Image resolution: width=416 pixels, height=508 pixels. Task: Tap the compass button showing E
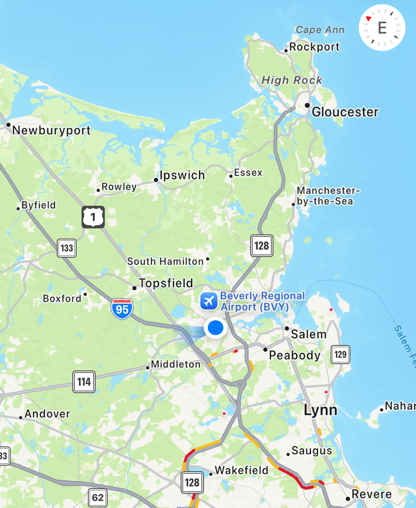(382, 28)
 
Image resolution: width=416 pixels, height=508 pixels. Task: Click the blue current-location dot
(215, 328)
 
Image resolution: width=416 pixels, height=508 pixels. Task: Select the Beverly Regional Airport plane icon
(209, 301)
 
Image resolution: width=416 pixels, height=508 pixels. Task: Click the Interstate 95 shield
(122, 309)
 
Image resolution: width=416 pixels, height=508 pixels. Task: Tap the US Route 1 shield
(93, 217)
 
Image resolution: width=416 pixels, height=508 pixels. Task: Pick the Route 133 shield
(67, 247)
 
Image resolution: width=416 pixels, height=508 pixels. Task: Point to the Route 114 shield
(84, 381)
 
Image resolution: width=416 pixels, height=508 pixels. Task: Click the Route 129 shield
(340, 354)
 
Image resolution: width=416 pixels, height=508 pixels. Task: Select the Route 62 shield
(98, 497)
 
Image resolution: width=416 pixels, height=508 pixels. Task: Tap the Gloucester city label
(345, 112)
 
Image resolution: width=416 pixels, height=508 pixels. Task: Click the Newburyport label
(52, 130)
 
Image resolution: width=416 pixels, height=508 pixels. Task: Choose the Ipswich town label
(182, 175)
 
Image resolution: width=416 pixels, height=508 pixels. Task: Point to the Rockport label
(314, 47)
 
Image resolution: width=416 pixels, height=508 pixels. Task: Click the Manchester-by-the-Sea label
(328, 196)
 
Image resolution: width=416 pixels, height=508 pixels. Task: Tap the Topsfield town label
(166, 283)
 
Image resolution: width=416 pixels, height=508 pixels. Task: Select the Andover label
(47, 414)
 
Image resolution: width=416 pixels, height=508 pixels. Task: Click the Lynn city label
(321, 410)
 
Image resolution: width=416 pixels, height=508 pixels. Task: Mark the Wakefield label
(242, 470)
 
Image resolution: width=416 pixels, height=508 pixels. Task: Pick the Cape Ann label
(320, 30)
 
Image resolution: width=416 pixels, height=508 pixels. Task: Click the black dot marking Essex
(231, 176)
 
